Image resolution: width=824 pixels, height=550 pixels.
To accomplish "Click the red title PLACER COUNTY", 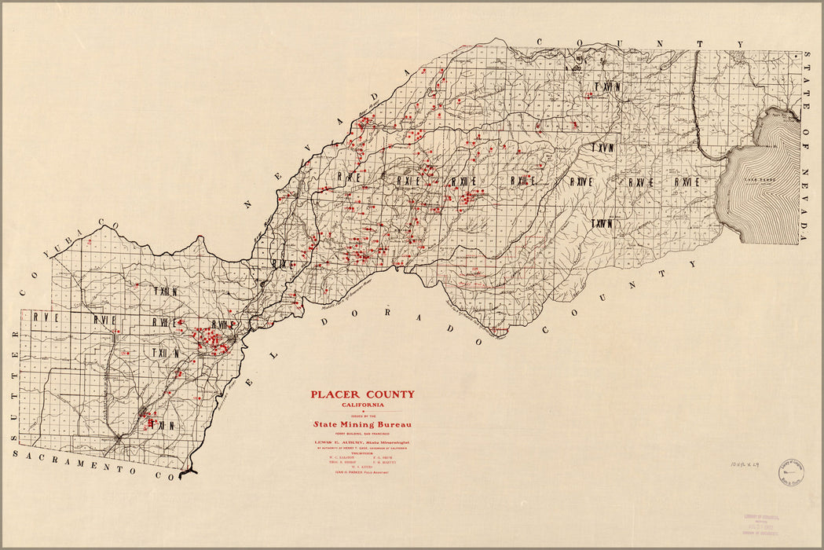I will coord(362,394).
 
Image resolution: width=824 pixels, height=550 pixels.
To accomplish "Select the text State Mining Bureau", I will coord(362,424).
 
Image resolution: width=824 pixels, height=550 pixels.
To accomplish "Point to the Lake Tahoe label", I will coord(760,179).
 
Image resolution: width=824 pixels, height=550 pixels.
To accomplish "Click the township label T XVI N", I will coord(606,86).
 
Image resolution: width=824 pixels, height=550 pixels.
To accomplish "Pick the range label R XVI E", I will coord(686,181).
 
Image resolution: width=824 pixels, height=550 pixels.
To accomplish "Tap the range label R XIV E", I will coord(582,181).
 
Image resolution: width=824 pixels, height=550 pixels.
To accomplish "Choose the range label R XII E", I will coord(463,181).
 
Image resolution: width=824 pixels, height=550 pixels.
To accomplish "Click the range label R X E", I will coord(349,178).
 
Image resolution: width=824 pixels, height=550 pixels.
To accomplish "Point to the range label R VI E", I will coord(105,320).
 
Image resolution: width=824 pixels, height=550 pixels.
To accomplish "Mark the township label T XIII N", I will coord(167,291).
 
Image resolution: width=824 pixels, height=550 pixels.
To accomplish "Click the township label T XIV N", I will coord(602,223).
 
